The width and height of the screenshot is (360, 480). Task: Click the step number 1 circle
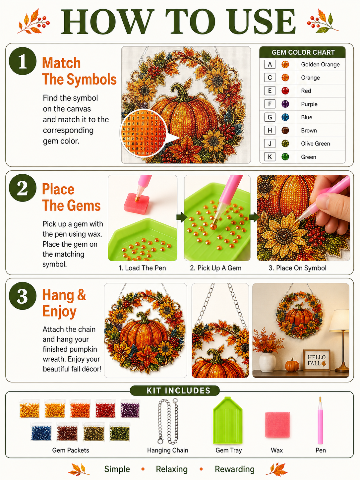click(x=23, y=61)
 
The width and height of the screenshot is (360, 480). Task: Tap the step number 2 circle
click(x=23, y=188)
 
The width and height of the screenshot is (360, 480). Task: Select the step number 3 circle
click(x=23, y=296)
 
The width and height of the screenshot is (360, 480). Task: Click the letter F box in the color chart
click(x=270, y=104)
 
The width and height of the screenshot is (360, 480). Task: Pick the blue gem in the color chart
click(x=285, y=117)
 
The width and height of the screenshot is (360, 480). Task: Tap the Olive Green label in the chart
click(x=315, y=144)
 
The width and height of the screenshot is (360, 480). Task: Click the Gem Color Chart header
click(x=303, y=52)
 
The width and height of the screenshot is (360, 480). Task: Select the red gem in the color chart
click(x=285, y=91)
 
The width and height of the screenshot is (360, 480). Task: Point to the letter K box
click(x=270, y=157)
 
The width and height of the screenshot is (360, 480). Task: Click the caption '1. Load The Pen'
click(x=142, y=268)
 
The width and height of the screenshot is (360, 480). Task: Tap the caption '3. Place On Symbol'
click(x=297, y=268)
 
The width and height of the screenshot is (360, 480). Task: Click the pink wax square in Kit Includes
click(x=277, y=425)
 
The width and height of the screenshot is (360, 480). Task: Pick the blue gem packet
click(x=41, y=432)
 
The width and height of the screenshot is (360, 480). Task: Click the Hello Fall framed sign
click(x=317, y=360)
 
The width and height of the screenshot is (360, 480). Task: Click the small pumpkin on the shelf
click(x=292, y=365)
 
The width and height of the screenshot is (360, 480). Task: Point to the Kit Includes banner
click(x=175, y=390)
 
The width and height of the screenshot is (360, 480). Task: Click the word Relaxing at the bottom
click(x=172, y=469)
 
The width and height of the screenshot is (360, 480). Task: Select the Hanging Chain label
click(x=168, y=450)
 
